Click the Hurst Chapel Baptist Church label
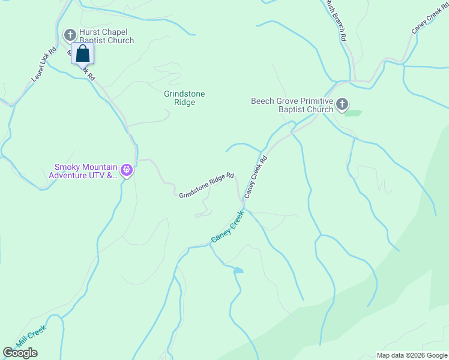click(x=106, y=36)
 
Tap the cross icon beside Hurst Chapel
click(x=70, y=34)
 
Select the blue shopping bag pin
click(x=83, y=53)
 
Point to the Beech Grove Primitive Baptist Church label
click(x=292, y=105)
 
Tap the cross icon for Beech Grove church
click(x=342, y=104)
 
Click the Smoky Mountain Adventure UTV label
click(x=83, y=171)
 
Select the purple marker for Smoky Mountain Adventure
click(x=127, y=171)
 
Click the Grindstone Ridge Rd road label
click(x=206, y=185)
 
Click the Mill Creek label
click(x=31, y=336)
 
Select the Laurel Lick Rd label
click(x=44, y=65)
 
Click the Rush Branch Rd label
click(x=336, y=20)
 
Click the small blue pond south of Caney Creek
click(x=238, y=270)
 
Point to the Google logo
click(x=20, y=353)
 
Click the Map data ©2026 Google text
click(x=411, y=355)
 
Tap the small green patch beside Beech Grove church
click(x=354, y=113)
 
